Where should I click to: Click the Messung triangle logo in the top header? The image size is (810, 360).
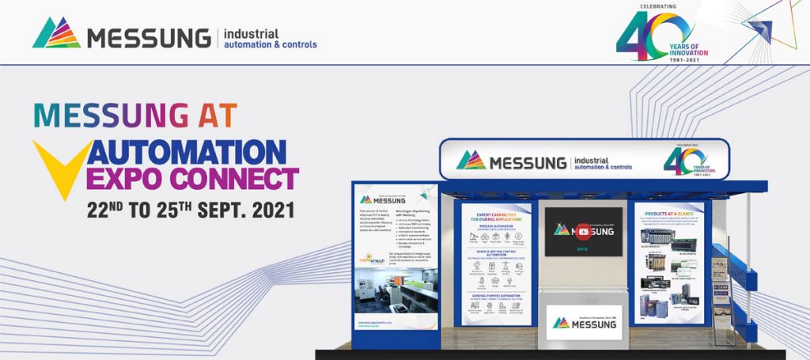click(x=56, y=33)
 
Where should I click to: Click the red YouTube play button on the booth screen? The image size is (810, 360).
click(x=583, y=231)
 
